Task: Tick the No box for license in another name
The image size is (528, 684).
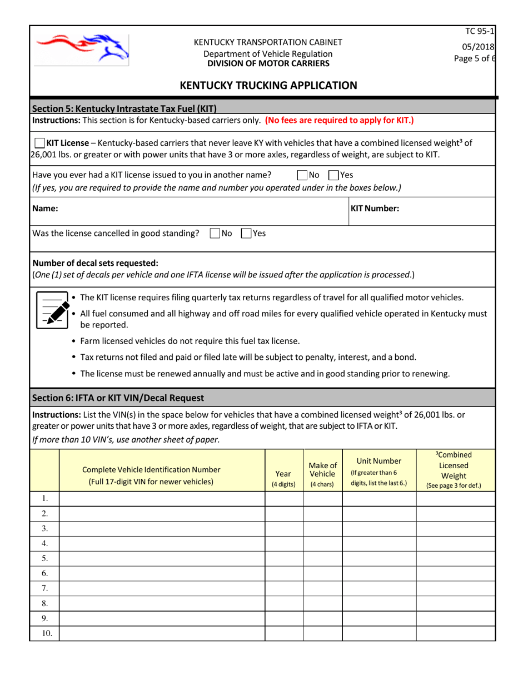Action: (x=302, y=175)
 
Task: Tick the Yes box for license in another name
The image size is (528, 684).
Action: (x=333, y=175)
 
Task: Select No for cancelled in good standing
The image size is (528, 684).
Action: (x=215, y=234)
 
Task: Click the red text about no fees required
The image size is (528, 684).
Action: (x=340, y=120)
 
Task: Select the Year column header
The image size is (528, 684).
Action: (x=283, y=478)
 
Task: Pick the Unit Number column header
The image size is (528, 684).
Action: (x=379, y=470)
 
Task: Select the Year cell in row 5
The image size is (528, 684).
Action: (x=283, y=558)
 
